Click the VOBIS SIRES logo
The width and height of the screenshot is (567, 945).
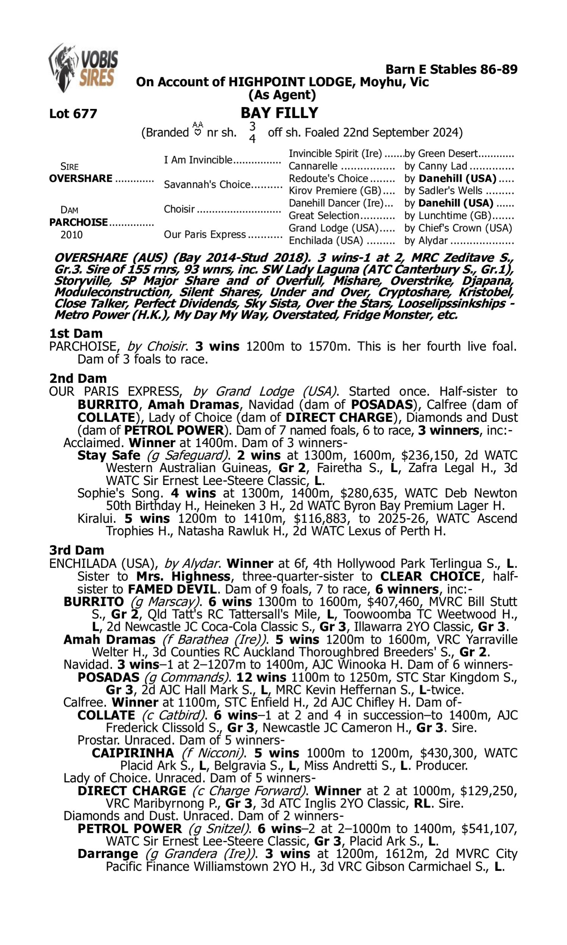[83, 68]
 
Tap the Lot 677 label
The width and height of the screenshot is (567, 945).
[73, 113]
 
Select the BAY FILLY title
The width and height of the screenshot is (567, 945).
[279, 113]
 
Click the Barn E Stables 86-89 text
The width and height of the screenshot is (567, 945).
[451, 69]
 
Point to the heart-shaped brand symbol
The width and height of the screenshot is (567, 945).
[198, 133]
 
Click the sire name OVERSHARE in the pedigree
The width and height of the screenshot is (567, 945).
[81, 178]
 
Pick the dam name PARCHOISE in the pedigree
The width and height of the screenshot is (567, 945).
[78, 222]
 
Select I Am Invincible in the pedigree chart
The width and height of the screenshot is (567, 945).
[198, 160]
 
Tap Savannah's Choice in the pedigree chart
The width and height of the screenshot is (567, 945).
[207, 184]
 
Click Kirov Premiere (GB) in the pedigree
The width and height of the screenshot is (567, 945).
[335, 190]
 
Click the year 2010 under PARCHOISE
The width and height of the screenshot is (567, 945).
[71, 234]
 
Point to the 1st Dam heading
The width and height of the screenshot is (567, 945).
[76, 333]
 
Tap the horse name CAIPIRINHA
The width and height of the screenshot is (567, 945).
[133, 753]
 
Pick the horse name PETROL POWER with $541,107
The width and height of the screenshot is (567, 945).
[130, 829]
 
